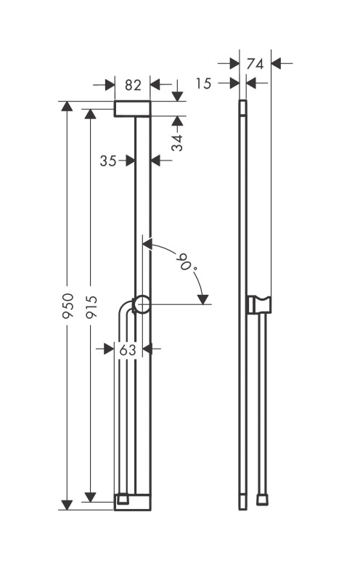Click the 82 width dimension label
point(133,85)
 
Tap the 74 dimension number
point(255,64)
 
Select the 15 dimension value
point(203,84)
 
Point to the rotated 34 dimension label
point(178,142)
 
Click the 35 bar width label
point(108,161)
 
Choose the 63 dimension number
point(128,349)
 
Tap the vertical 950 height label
point(68,305)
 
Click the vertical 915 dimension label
point(91,306)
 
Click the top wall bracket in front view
point(132,108)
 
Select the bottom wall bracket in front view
point(132,502)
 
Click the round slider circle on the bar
point(142,304)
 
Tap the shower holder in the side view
point(259,304)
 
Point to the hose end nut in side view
point(263,500)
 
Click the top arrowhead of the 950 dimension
point(67,106)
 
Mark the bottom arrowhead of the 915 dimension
point(91,497)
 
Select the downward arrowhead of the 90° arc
point(203,299)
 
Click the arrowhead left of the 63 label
point(109,349)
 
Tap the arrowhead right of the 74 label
point(277,63)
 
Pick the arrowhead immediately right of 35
point(129,161)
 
